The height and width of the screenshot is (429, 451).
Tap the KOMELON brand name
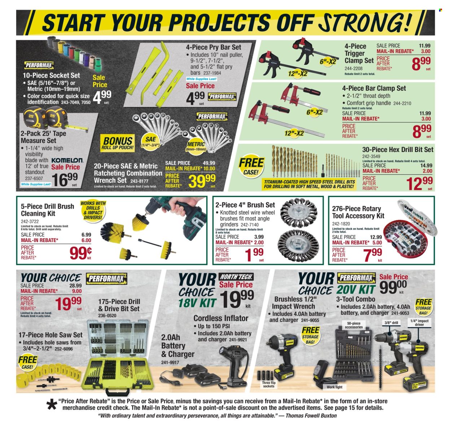click(x=67, y=160)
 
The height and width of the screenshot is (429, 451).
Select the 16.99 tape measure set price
click(x=65, y=179)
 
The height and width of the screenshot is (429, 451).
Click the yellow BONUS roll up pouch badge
click(x=118, y=142)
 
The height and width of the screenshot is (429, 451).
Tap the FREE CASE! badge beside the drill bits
click(x=251, y=166)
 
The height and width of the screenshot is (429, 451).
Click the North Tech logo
click(x=236, y=277)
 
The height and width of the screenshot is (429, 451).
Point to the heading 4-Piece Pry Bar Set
click(x=213, y=47)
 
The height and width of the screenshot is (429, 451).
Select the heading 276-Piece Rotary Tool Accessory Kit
click(x=358, y=212)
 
